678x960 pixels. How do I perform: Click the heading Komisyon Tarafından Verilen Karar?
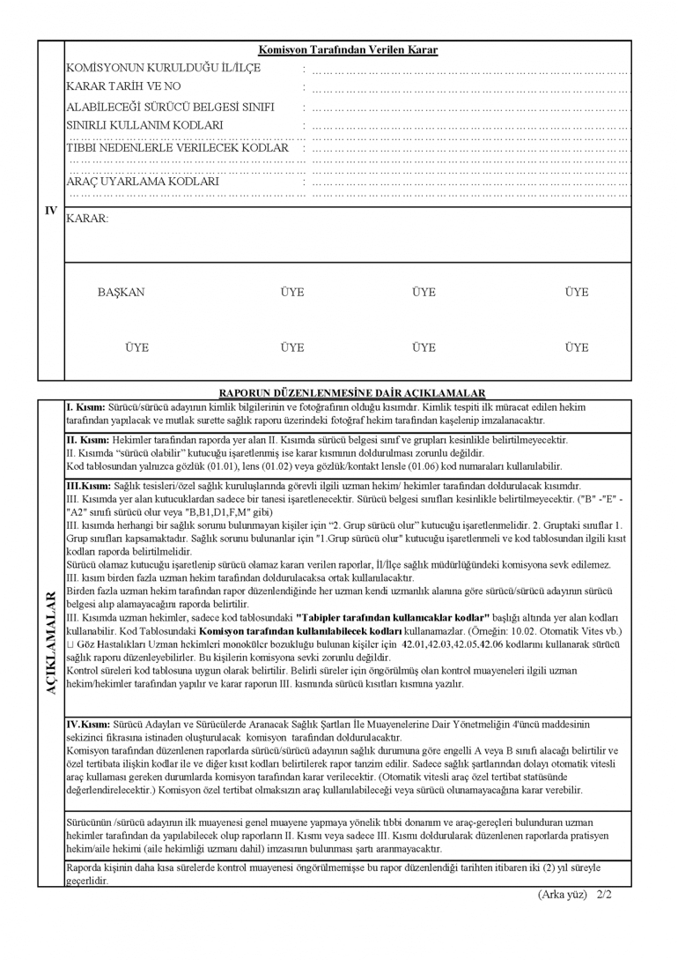tap(348, 51)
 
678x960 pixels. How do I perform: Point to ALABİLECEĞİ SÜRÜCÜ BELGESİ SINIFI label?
tap(170, 107)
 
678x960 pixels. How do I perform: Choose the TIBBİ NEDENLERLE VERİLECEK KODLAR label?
tap(178, 147)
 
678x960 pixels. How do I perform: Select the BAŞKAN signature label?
tap(122, 293)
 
